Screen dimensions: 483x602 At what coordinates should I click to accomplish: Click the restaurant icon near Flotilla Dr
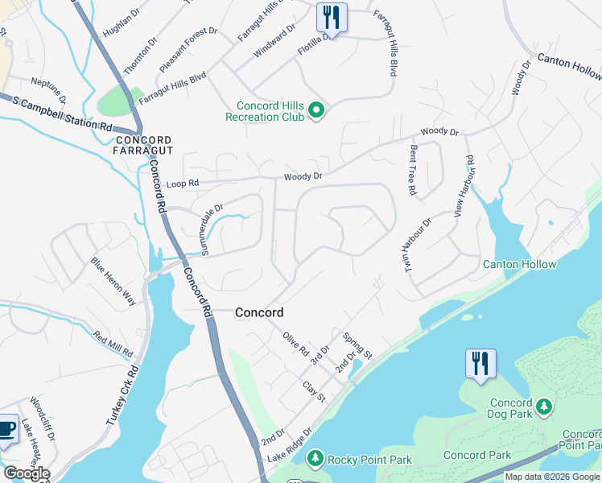[331, 17]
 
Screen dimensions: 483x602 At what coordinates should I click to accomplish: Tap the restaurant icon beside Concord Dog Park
[480, 363]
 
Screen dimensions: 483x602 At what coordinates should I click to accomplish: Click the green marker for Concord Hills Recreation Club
[316, 110]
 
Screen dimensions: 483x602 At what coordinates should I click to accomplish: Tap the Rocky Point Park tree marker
[315, 459]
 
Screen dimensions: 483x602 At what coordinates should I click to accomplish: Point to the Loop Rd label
[182, 184]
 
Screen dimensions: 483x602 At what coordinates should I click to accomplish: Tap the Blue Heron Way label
[113, 280]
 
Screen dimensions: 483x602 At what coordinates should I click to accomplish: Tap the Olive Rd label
[295, 345]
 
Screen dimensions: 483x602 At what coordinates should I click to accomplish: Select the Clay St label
[314, 393]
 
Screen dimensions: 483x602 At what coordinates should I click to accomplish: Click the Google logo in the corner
[26, 473]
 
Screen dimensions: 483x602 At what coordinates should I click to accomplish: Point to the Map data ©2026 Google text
[552, 477]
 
